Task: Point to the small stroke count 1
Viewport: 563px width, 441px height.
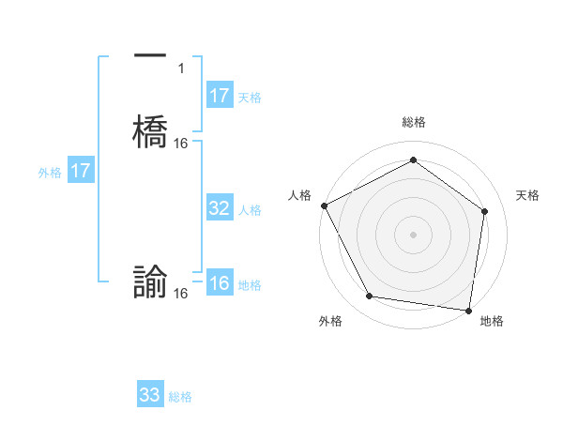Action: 182,68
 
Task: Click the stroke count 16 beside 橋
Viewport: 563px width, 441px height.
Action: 181,144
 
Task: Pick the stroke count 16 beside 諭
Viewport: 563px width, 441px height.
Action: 181,294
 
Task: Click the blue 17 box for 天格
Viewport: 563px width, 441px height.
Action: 219,96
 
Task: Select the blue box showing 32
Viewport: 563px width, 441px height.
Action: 219,208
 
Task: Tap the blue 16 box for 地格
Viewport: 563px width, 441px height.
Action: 219,284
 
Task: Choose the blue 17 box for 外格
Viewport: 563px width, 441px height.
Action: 81,171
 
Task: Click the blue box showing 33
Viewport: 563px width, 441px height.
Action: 150,395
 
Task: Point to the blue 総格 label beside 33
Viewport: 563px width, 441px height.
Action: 180,397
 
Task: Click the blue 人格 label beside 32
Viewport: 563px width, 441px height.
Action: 250,210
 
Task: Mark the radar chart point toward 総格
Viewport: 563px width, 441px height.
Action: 413,160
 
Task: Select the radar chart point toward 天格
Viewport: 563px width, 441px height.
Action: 484,211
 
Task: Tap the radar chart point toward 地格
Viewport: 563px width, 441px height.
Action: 469,310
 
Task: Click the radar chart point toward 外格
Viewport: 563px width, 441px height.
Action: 370,297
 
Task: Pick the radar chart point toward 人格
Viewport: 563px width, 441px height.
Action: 324,205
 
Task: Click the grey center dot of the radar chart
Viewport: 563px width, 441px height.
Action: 413,234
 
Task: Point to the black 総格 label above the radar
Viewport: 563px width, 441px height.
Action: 413,122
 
